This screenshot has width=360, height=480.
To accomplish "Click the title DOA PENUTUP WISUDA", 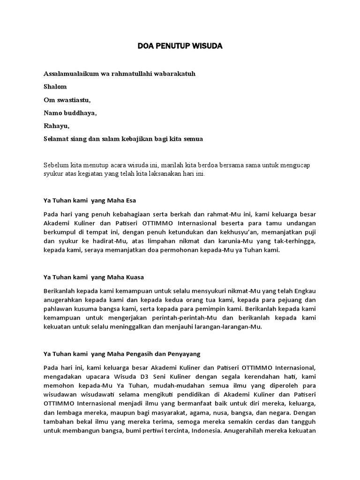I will pos(180,46).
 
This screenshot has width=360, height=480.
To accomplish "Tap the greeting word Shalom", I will pos(55,87).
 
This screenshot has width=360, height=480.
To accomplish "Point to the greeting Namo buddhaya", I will pos(70,113).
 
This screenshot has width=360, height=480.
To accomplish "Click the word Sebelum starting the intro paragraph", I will pos(56,165).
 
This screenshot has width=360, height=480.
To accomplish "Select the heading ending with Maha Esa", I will pos(90,201).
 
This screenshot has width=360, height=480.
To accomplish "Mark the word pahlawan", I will pos(57,309).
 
